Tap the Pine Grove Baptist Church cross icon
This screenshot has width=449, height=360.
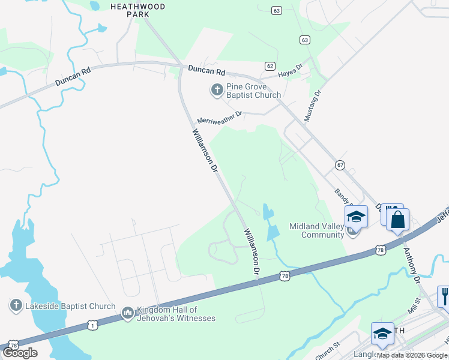coord(216,91)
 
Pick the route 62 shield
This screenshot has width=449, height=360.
coord(270,66)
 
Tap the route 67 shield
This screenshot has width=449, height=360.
coord(340,165)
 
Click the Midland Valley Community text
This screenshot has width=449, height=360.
coord(316,230)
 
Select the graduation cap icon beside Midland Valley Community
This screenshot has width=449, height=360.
coord(356,217)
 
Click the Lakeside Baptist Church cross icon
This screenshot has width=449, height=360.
coord(16,306)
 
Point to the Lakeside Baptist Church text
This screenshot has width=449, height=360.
coord(70,306)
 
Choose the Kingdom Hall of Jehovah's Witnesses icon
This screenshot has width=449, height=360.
coord(127,313)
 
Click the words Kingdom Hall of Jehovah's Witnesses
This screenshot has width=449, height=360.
coord(176,314)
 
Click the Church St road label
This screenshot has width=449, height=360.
coord(327,347)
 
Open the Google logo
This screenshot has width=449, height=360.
coord(19,352)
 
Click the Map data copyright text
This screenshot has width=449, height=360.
coord(412,355)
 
